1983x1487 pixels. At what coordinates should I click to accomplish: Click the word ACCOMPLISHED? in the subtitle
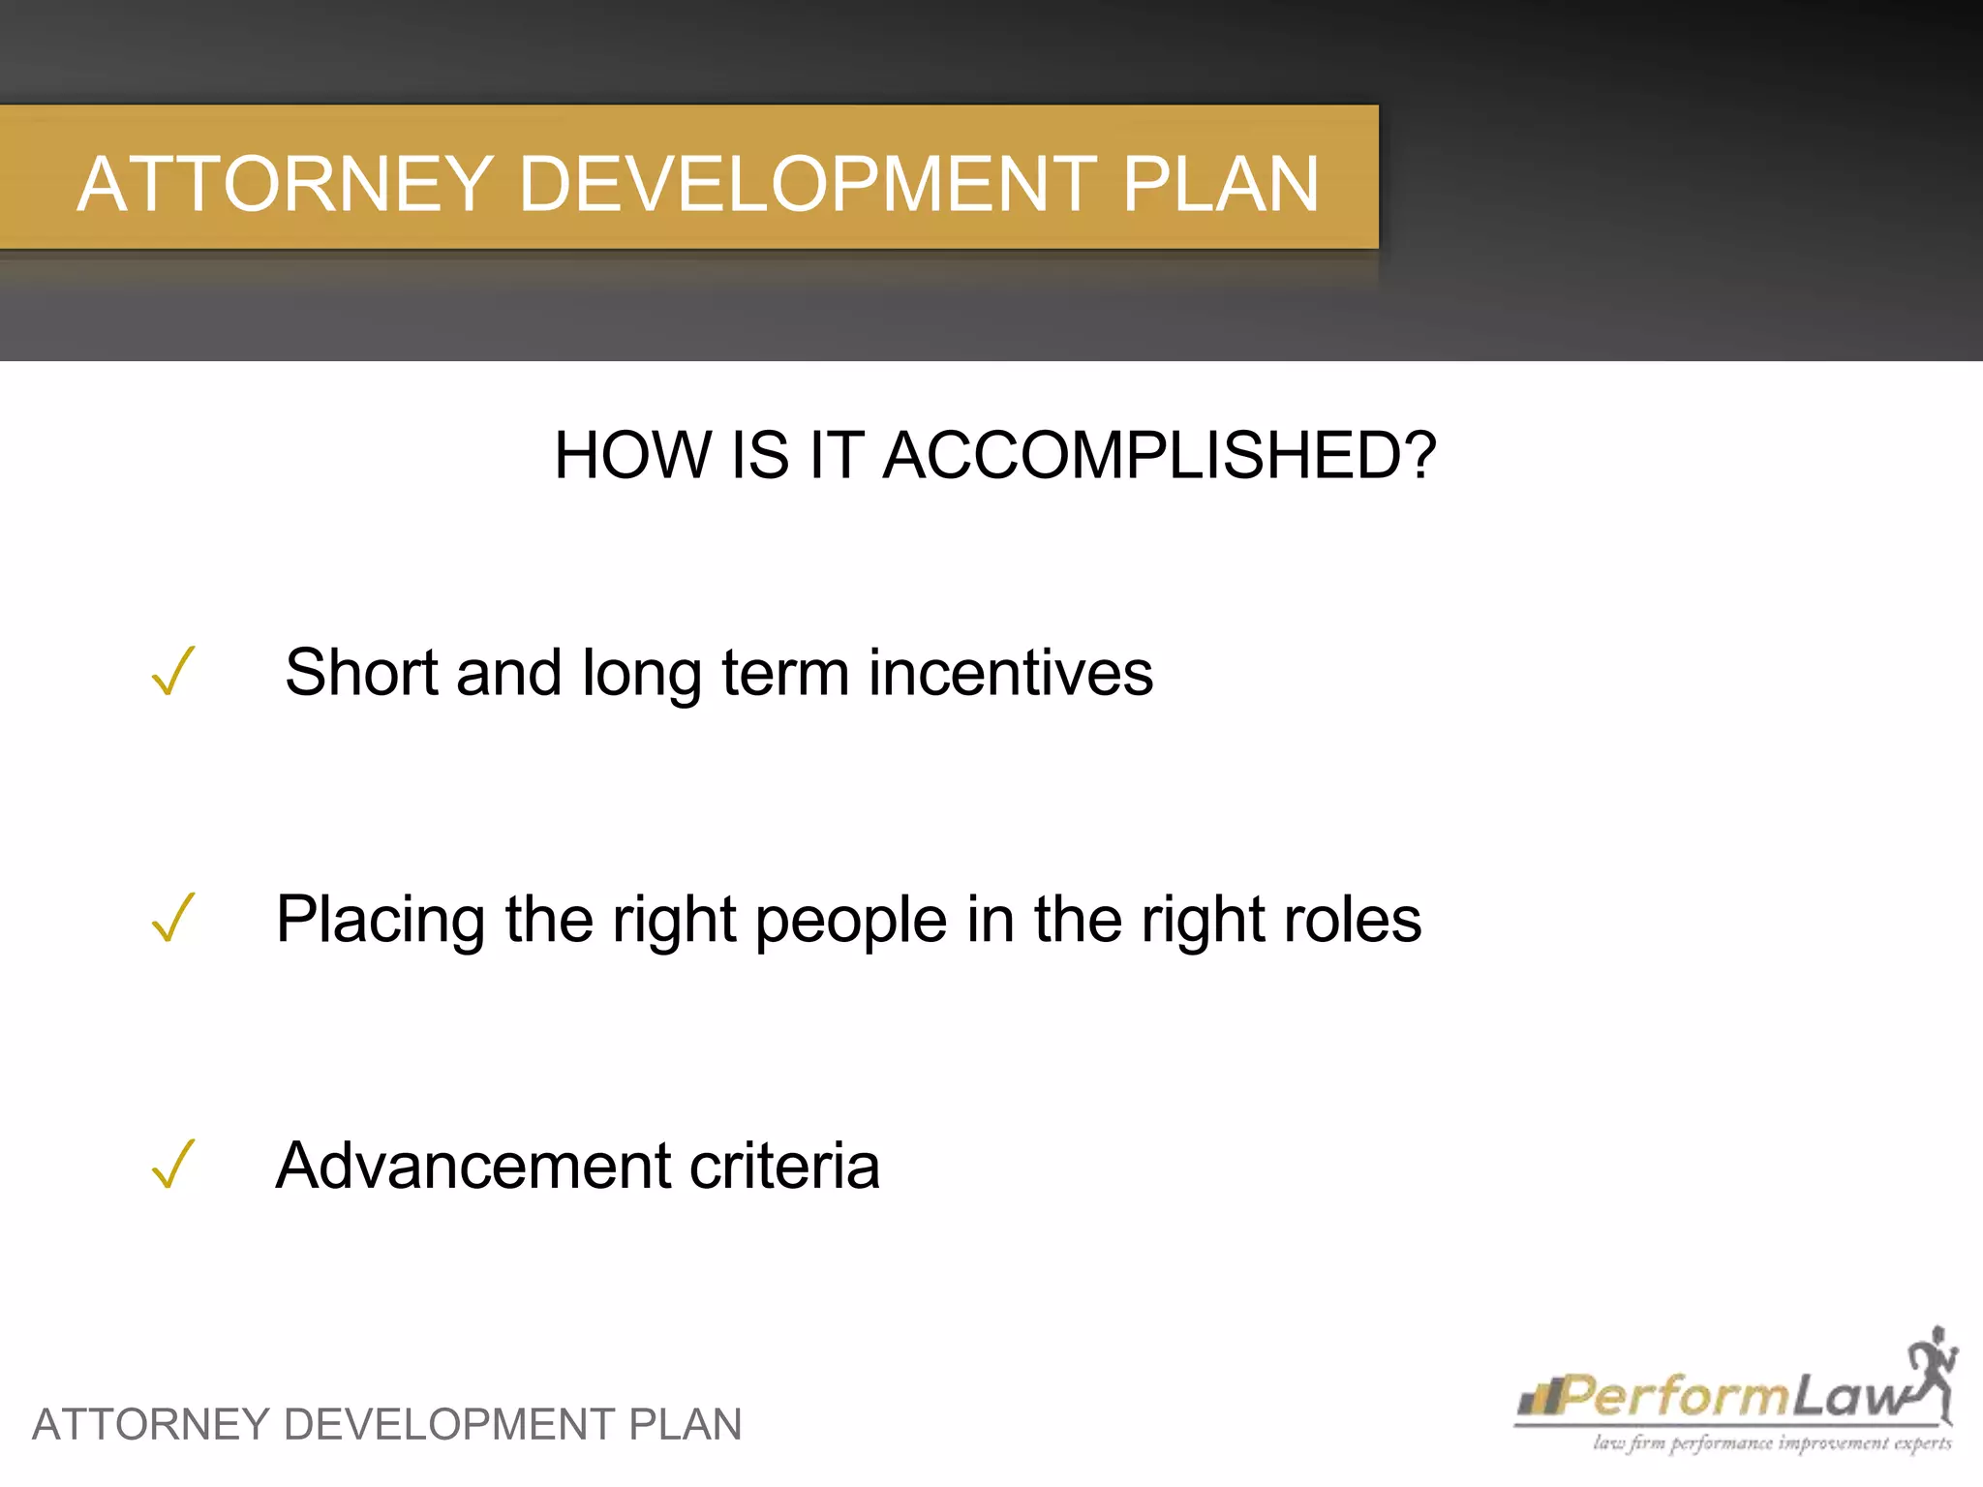[1159, 455]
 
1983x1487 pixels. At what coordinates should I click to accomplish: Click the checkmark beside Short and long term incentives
[173, 671]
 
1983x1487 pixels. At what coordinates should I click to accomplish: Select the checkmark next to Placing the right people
[173, 917]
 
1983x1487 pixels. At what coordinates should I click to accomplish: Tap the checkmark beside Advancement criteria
[173, 1164]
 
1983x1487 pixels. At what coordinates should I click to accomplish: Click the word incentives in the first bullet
[1010, 673]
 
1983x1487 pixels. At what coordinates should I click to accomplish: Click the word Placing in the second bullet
[381, 920]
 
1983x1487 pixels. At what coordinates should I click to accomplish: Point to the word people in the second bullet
[851, 920]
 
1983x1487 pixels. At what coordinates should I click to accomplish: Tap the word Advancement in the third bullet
[472, 1166]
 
